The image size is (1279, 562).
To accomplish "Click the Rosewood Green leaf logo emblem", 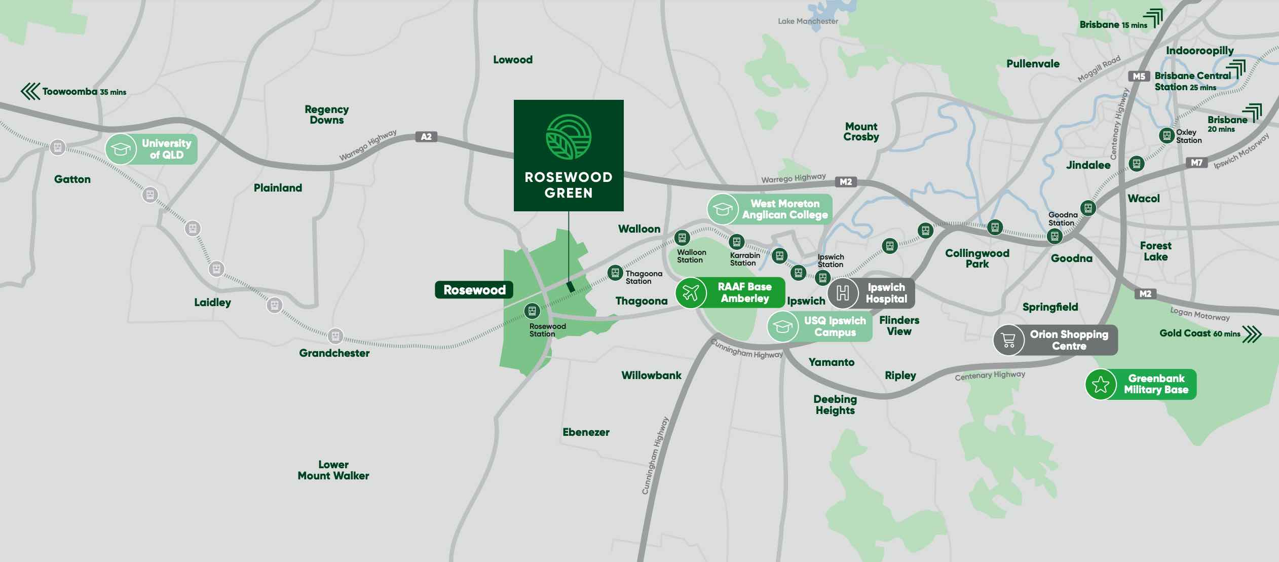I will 569,137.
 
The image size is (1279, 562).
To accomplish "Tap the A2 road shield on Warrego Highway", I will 426,137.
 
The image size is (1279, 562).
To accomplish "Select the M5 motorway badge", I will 1139,77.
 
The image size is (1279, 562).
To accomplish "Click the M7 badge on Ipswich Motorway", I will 1196,163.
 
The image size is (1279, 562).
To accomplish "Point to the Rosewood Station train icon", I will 532,310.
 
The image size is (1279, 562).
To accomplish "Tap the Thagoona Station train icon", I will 615,273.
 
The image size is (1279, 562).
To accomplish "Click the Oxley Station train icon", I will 1167,135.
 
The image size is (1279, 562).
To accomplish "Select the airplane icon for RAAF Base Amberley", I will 691,292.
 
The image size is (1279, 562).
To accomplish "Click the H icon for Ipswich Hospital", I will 843,293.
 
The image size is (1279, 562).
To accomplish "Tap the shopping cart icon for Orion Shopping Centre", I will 1008,340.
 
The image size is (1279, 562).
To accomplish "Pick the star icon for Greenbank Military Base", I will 1101,385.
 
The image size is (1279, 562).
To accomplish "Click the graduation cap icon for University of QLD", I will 121,149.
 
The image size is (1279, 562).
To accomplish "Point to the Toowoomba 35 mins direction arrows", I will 30,92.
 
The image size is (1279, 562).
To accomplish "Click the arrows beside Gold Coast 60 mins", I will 1252,334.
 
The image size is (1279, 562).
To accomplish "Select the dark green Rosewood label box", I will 474,290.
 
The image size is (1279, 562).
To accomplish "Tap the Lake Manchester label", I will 808,21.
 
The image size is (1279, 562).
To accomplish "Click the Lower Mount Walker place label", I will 333,470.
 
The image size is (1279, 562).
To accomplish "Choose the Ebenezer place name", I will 586,432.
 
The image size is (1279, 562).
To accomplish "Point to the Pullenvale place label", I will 1033,64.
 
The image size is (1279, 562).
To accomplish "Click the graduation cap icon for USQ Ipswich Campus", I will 782,327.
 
